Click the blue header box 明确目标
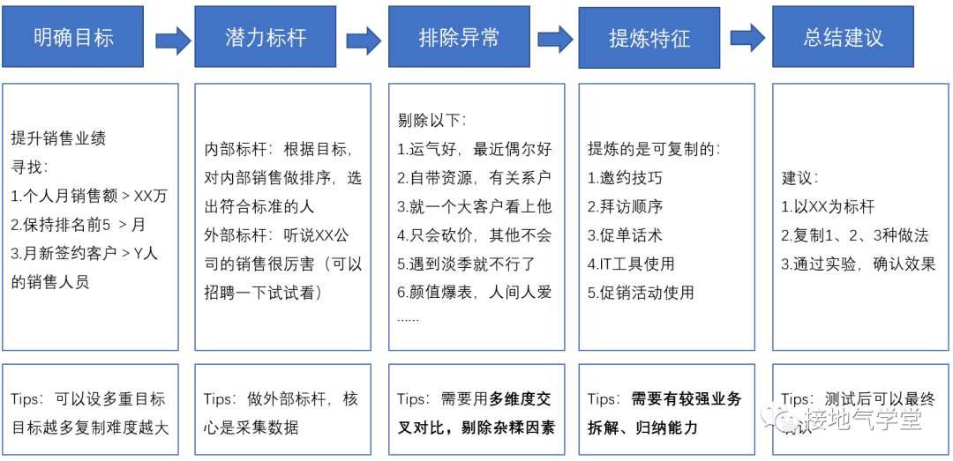pyautogui.click(x=73, y=37)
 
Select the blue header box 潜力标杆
pyautogui.click(x=265, y=37)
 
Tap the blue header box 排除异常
pyautogui.click(x=458, y=37)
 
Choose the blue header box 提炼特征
pyautogui.click(x=649, y=38)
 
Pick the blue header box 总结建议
pyautogui.click(x=843, y=37)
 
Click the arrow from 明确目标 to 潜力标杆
pyautogui.click(x=173, y=39)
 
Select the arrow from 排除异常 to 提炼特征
pyautogui.click(x=555, y=38)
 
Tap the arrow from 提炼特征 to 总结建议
pyautogui.click(x=747, y=37)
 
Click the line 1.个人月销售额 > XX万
pyautogui.click(x=89, y=196)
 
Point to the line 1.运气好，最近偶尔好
pyautogui.click(x=474, y=149)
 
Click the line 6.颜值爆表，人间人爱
pyautogui.click(x=474, y=292)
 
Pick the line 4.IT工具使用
pyautogui.click(x=631, y=263)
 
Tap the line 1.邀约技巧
pyautogui.click(x=625, y=177)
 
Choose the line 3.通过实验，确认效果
pyautogui.click(x=859, y=263)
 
